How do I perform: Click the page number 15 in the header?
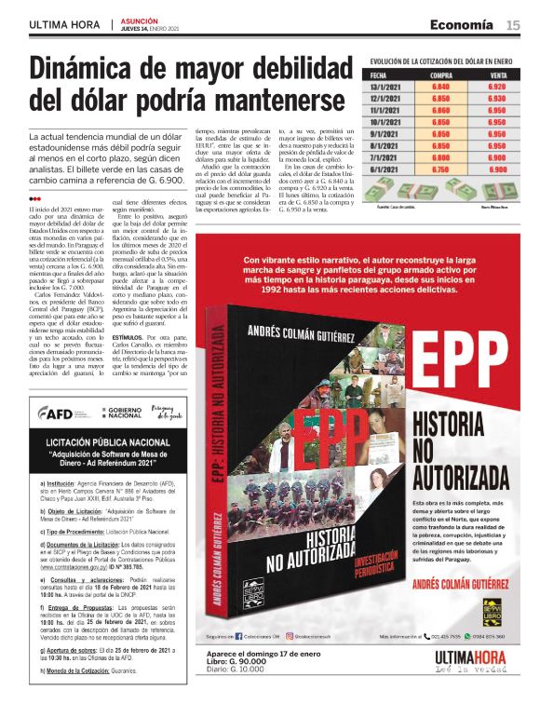pyautogui.click(x=513, y=25)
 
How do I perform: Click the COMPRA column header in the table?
pyautogui.click(x=440, y=74)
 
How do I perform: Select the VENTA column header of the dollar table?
pyautogui.click(x=497, y=74)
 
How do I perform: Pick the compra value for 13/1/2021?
pyautogui.click(x=440, y=86)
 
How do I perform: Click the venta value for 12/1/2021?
pyautogui.click(x=497, y=98)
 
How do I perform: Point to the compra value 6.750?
pyautogui.click(x=440, y=170)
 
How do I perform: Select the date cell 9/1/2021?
pyautogui.click(x=385, y=134)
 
